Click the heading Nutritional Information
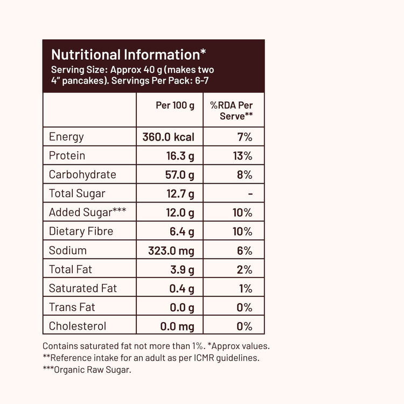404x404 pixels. [x=128, y=54]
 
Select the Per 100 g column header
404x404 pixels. [x=175, y=105]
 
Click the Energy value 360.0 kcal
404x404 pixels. [x=168, y=137]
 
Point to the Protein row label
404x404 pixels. [x=67, y=156]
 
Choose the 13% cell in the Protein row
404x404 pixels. [x=242, y=156]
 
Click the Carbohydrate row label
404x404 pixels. [x=82, y=175]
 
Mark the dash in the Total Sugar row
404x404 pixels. [x=250, y=193]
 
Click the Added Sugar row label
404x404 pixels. [x=87, y=212]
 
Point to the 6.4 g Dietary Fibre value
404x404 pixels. [x=182, y=231]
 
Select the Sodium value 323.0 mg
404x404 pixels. [x=171, y=250]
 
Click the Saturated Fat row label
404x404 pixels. [x=83, y=288]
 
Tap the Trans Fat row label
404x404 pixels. [x=72, y=307]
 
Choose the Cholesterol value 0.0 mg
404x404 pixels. [x=177, y=326]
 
